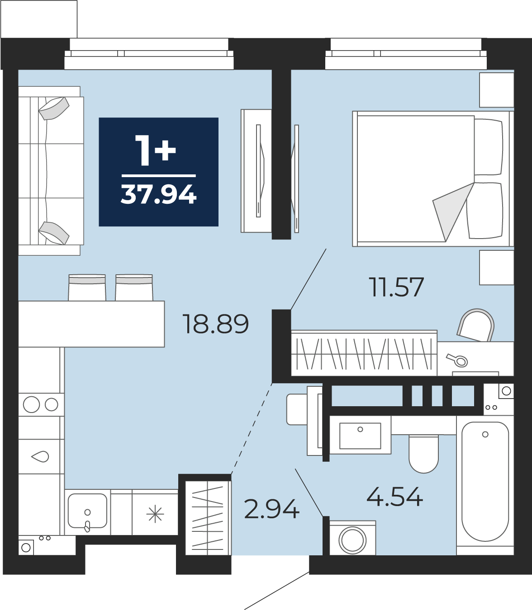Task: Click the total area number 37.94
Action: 158,194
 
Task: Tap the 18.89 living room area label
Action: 215,324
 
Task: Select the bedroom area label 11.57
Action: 396,287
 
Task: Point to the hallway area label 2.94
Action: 271,509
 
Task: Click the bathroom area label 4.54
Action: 394,497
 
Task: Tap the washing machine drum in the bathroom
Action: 352,540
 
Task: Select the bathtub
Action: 485,485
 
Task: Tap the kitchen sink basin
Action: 87,511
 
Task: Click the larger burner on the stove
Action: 31,404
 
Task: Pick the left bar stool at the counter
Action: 87,287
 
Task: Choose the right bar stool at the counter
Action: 134,287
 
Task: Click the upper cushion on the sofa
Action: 54,108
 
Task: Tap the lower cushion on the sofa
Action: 54,233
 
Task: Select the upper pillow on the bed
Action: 489,147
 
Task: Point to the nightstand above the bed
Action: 497,90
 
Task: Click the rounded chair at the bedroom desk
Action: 475,325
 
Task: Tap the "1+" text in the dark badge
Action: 156,150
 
